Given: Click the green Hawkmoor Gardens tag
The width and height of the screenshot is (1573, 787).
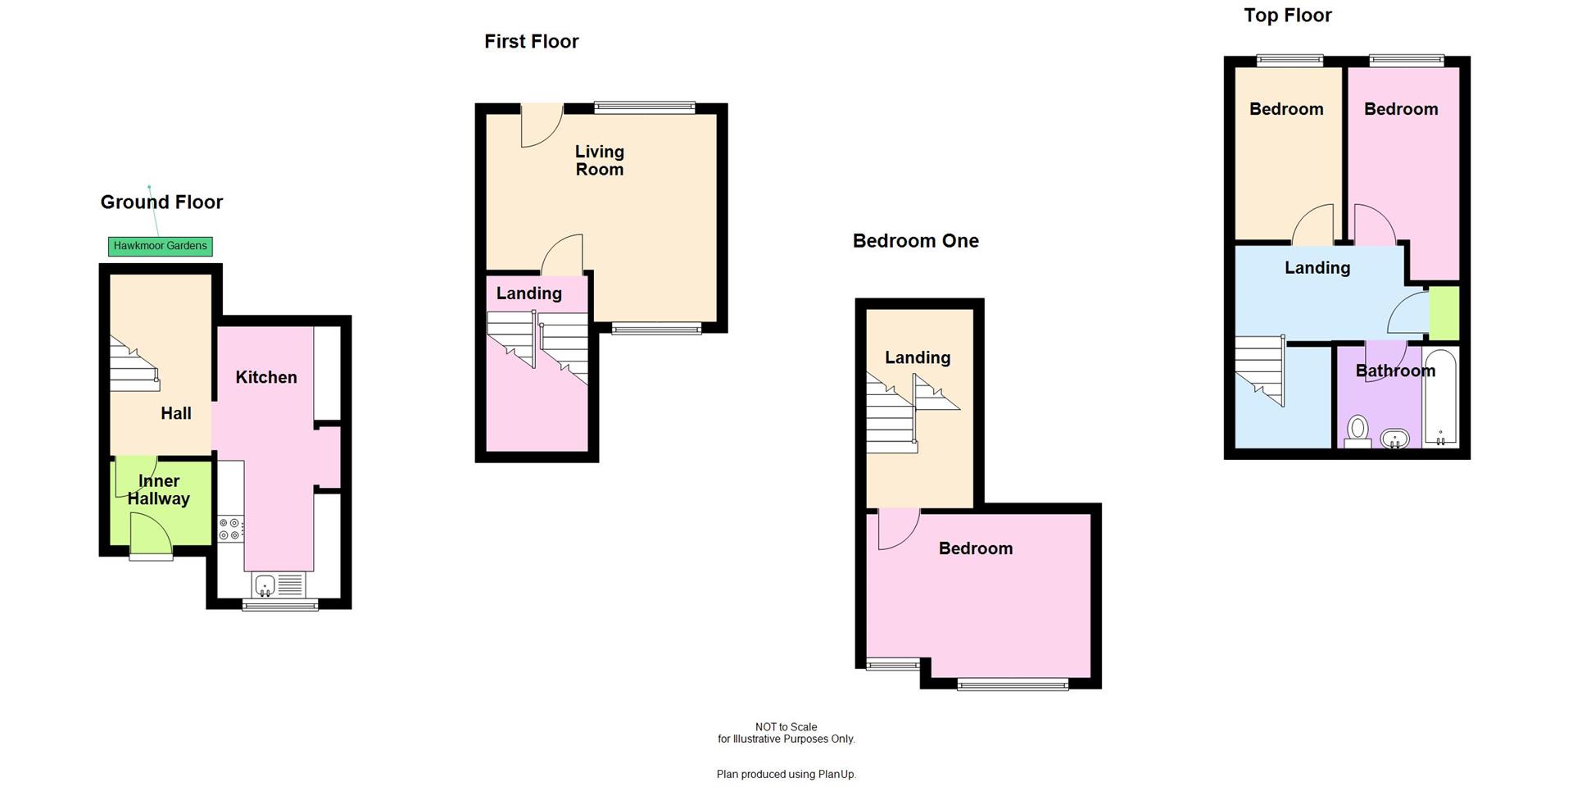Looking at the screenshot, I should coord(160,246).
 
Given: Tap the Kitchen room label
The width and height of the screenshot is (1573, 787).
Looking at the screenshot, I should coord(265,377).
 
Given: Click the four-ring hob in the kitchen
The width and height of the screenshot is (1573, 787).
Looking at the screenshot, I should coord(230,529).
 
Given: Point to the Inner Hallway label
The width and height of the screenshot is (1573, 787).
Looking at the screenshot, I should coord(159,489).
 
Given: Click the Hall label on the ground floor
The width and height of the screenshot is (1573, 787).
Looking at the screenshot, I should coord(175,413).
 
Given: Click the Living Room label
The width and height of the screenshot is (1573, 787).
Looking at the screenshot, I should coord(599,160).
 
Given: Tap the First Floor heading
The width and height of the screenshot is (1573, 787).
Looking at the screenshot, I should coord(531,41).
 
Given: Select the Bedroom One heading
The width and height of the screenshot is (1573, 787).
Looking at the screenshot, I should coord(915,240).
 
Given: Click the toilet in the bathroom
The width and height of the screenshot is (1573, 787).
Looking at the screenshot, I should coord(1358,431).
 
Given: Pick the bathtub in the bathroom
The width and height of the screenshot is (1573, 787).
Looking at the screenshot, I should coord(1440,398).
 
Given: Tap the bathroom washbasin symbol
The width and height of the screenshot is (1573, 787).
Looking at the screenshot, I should coord(1394,439).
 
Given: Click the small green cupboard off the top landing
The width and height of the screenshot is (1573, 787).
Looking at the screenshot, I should coord(1444,313).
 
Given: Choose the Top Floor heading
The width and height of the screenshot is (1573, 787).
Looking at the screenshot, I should coord(1287,15).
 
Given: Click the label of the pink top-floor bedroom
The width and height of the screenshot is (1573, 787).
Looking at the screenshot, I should coord(1400,109).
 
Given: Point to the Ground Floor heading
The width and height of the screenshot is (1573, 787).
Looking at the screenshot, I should coord(161,202).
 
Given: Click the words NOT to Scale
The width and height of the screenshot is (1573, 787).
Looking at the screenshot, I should coord(786,726).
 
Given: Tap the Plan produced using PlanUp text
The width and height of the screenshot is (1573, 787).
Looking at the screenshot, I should coord(786,774).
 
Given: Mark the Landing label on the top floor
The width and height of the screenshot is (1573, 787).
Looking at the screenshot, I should coord(1317,267).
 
